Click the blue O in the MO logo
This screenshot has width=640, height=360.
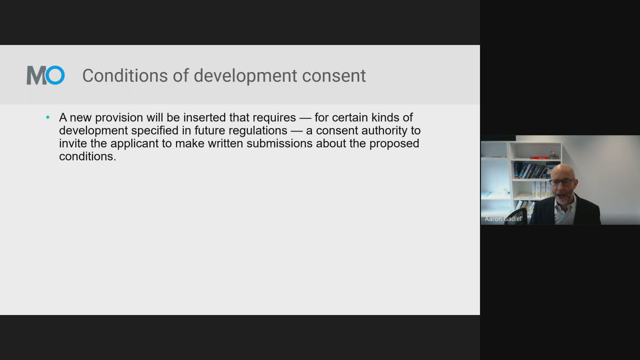click(x=55, y=75)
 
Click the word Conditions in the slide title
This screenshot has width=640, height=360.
click(x=125, y=76)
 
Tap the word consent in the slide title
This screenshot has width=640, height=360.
click(x=334, y=76)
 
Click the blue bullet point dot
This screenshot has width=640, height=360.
click(x=48, y=117)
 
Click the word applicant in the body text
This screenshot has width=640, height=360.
click(x=134, y=144)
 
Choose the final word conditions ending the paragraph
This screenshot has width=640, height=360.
click(x=88, y=156)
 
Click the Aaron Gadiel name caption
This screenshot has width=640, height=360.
click(x=503, y=219)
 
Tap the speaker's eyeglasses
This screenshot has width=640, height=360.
click(x=562, y=182)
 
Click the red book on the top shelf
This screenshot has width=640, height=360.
click(x=539, y=158)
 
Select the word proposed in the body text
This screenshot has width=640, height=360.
click(x=394, y=144)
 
